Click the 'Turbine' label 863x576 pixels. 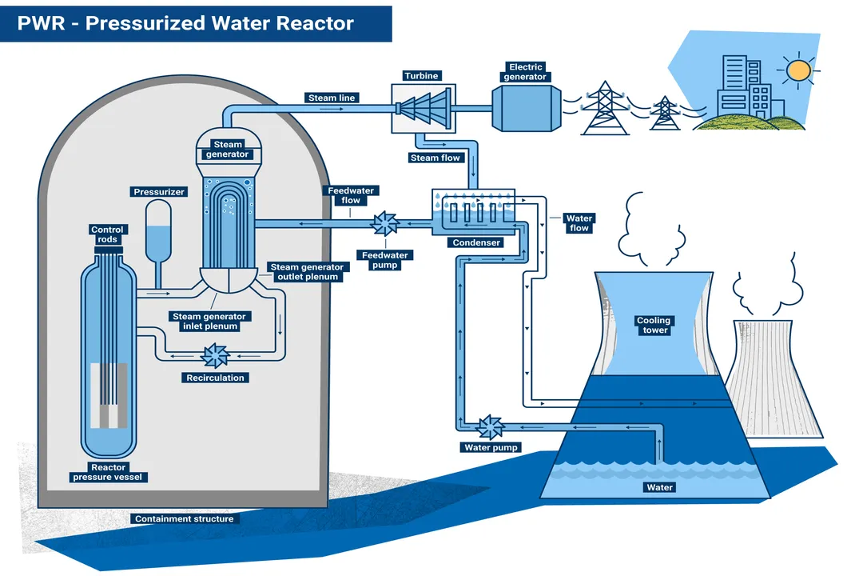click(421, 76)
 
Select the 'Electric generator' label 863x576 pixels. click(525, 72)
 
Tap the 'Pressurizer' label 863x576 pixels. click(159, 192)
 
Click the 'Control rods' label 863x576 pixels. click(107, 234)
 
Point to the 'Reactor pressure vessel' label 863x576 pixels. click(109, 472)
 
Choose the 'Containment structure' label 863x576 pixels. click(185, 519)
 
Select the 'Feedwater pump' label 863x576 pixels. click(385, 260)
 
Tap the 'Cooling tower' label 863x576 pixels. click(653, 325)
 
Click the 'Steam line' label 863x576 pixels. click(332, 98)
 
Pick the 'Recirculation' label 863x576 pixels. click(216, 378)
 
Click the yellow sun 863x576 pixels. click(797, 70)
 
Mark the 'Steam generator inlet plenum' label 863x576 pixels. click(209, 321)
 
